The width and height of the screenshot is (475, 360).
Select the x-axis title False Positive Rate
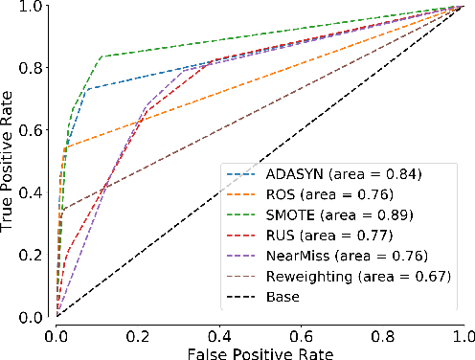[x=260, y=351]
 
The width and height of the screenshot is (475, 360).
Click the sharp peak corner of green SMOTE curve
[x=103, y=56]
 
